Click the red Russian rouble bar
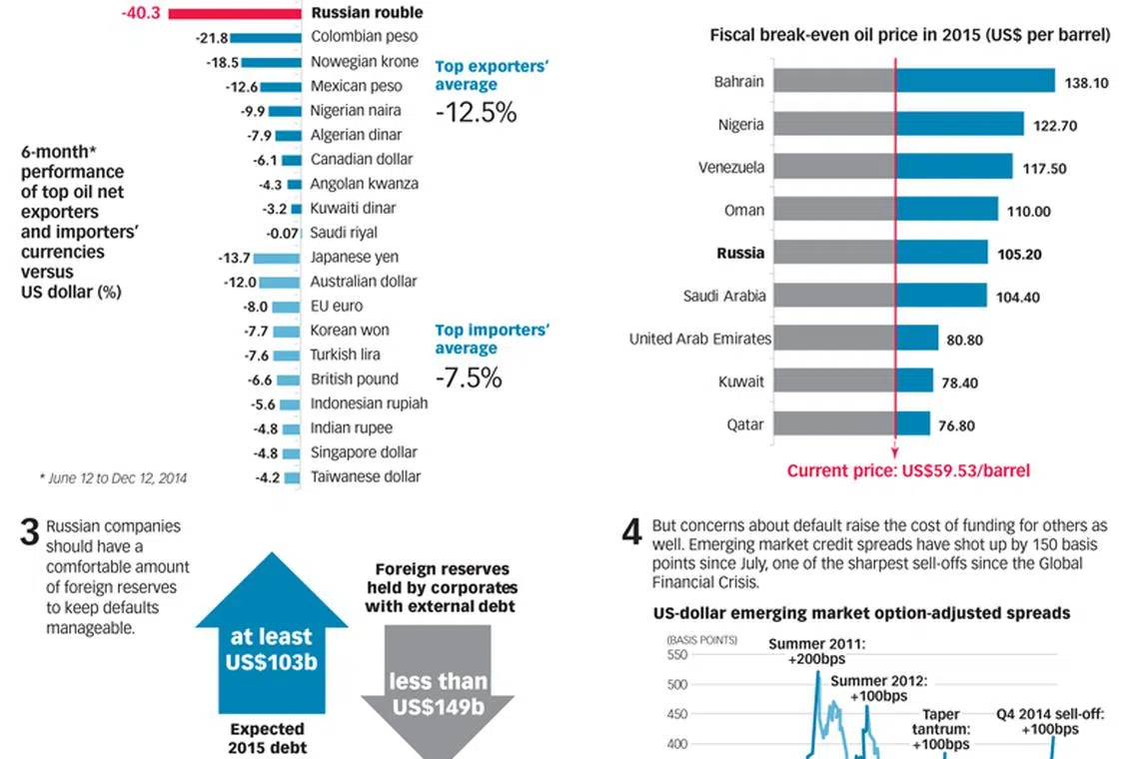click(x=235, y=13)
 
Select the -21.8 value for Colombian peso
click(x=213, y=38)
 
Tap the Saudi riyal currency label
click(x=344, y=233)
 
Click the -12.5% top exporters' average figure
click(x=476, y=112)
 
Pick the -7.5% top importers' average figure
click(x=469, y=379)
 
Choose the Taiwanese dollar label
click(x=366, y=477)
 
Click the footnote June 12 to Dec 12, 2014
click(x=113, y=478)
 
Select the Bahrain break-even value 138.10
click(x=1086, y=83)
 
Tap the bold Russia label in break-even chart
click(x=740, y=254)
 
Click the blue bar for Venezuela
click(x=954, y=168)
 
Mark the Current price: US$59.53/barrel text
click(x=908, y=470)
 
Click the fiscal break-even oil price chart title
click(x=909, y=35)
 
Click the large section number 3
click(x=30, y=533)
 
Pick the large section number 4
click(x=631, y=532)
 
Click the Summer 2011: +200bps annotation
click(x=817, y=650)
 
